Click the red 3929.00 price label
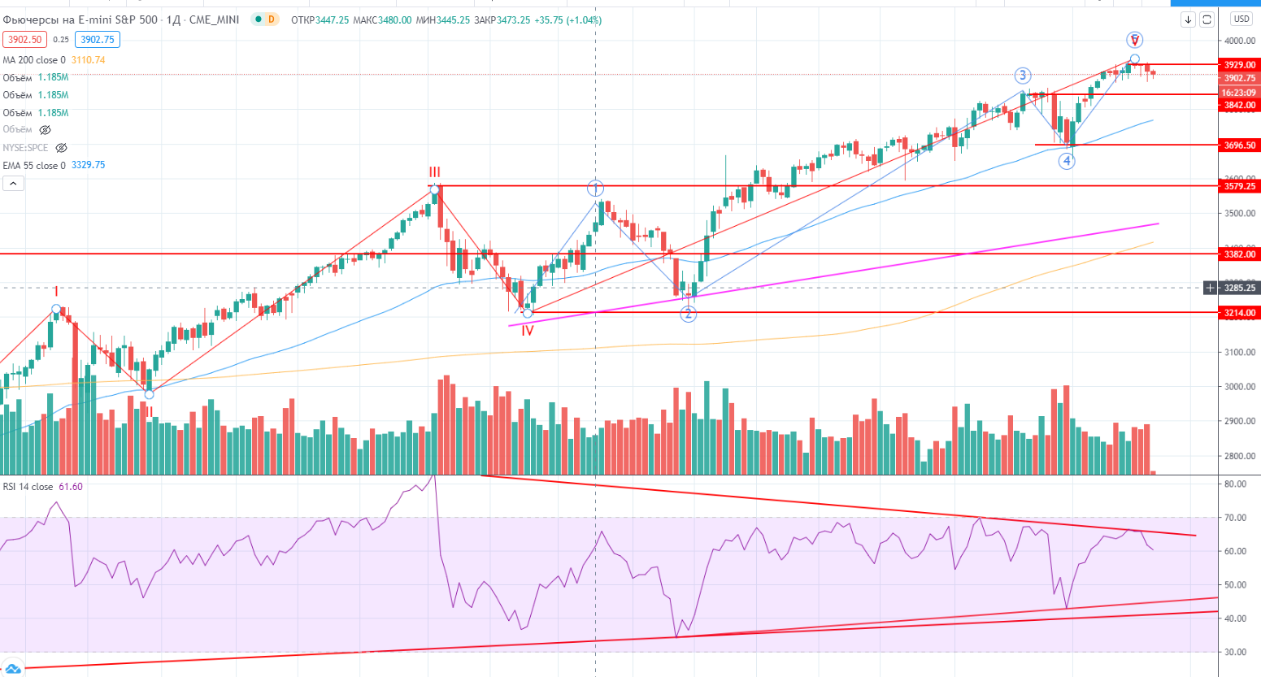pos(1240,65)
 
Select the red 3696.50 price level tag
pos(1240,145)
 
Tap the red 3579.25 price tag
pos(1240,186)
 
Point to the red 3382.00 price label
pos(1240,254)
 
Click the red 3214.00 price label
pos(1240,313)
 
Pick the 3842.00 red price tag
pos(1240,106)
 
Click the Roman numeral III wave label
pos(435,172)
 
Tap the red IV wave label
pos(528,331)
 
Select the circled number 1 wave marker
pos(596,189)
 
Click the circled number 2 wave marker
pos(689,314)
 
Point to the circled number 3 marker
pos(1022,76)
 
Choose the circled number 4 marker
pos(1067,161)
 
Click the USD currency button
pos(1241,19)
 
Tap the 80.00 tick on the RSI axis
pos(1235,484)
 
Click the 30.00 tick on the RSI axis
pos(1235,652)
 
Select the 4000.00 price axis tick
pos(1240,41)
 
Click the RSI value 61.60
pos(71,487)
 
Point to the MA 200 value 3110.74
pos(88,60)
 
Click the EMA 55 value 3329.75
pos(88,165)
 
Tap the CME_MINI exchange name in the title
pos(214,20)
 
